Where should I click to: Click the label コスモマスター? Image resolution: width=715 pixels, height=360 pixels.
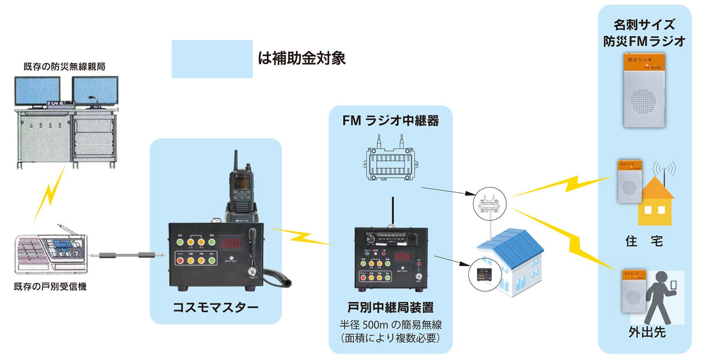(215, 307)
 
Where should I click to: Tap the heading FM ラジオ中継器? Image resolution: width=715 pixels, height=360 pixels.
(390, 121)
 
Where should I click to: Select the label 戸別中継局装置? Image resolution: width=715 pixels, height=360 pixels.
(390, 307)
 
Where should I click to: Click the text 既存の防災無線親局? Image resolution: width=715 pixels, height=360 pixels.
(64, 67)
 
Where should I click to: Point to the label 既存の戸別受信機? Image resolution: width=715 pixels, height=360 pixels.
(50, 286)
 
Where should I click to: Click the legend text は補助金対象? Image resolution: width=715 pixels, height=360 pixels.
(302, 59)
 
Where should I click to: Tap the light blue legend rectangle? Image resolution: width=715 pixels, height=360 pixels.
(212, 59)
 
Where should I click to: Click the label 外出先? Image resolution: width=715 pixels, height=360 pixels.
(647, 332)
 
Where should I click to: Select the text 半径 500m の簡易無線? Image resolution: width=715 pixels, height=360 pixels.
(390, 325)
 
